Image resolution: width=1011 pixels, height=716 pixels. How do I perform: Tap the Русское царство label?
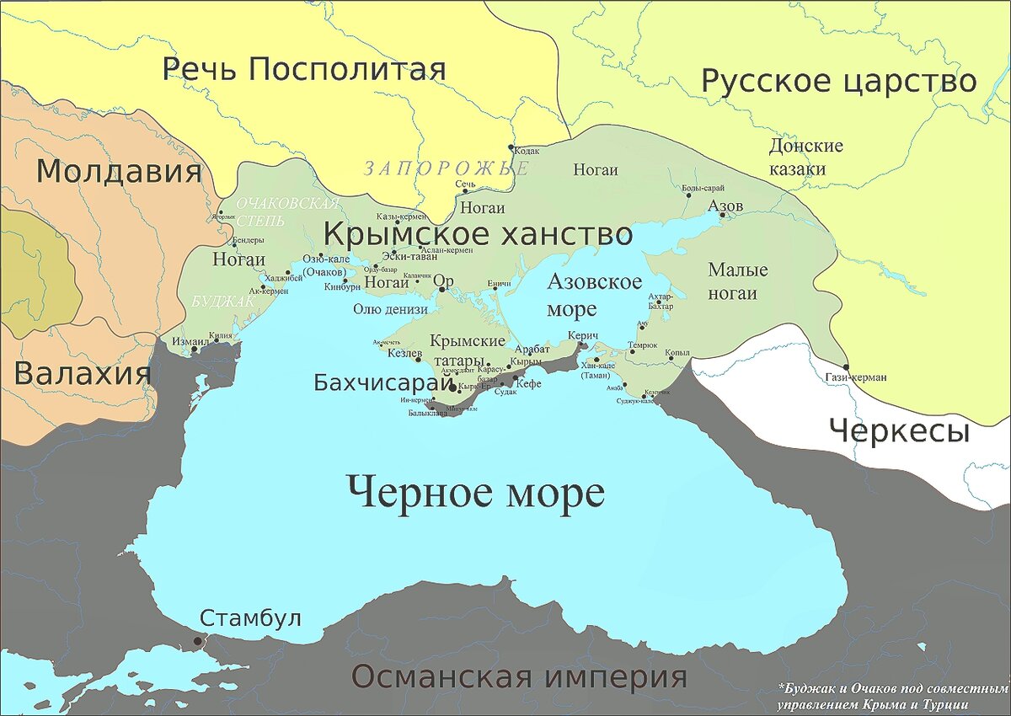pos(838,82)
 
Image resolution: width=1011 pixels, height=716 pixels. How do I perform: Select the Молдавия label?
pos(119,172)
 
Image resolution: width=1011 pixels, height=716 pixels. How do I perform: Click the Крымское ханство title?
pos(478,233)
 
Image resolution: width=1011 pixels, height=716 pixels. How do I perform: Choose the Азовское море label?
pos(594,295)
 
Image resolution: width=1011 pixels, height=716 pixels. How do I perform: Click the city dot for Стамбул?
pos(198,641)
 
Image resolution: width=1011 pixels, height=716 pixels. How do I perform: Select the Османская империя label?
pos(518,676)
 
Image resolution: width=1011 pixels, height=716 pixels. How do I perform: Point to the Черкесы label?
pos(899,431)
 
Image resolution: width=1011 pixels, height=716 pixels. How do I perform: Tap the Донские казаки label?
pos(806,158)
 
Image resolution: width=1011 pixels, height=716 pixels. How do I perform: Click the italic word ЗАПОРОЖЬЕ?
pos(447,168)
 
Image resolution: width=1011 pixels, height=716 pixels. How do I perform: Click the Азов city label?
pos(725,206)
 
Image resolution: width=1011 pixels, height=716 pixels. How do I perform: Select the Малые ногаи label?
pos(738,281)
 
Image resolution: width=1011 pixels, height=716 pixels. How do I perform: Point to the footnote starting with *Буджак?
pos(893,696)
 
